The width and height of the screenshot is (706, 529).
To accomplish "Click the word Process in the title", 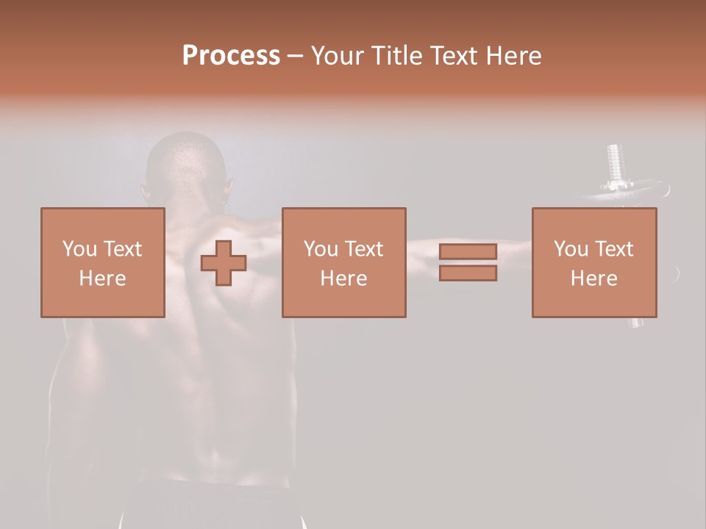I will coord(231,56).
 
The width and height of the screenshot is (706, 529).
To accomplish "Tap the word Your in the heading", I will coord(338,56).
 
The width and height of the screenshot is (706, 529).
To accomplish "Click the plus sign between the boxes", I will coord(224,262).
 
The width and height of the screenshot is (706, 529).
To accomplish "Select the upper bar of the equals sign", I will coord(468,251).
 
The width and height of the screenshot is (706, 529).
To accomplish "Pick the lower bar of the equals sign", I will coord(468,273).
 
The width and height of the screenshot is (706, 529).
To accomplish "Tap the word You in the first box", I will coord(79,249).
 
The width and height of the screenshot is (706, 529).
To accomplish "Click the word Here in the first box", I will coord(102,278).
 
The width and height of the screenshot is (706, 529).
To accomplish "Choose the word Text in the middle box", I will coord(364,249).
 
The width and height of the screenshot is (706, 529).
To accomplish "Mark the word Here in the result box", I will coord(593,278).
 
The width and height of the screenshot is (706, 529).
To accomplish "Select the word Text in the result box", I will coord(614,249).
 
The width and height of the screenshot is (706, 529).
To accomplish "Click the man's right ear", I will coord(228,188).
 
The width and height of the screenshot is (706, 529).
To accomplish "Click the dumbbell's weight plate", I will coord(625,192).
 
